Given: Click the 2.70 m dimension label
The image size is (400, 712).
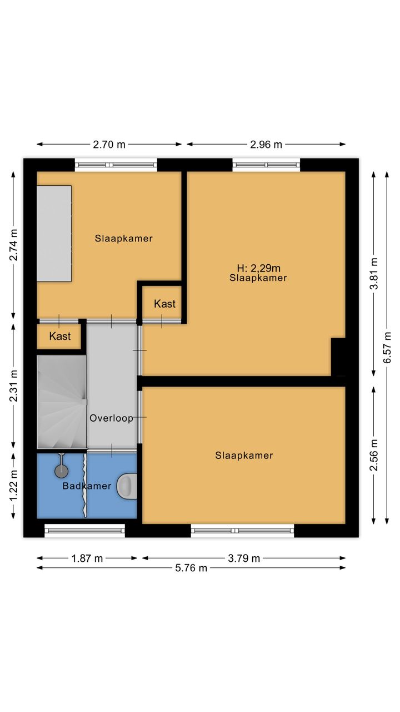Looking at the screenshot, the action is click(109, 145).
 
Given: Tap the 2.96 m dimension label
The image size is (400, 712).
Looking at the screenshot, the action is click(266, 145).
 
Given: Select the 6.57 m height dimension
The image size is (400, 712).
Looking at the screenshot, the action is click(387, 348).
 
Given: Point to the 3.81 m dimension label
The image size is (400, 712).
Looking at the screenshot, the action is click(374, 273).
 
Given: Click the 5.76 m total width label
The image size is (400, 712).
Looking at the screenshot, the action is click(191, 568).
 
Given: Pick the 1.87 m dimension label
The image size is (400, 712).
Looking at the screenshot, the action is click(87, 558).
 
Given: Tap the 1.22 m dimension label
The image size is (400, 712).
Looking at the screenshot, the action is click(13, 486).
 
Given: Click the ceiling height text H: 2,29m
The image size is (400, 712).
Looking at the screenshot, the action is click(259, 268).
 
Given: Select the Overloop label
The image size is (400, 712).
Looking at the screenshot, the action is click(111, 418).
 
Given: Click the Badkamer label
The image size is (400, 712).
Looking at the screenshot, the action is click(87, 486).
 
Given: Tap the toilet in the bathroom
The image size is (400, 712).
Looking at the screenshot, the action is click(127, 486).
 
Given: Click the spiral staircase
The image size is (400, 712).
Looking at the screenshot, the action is click(62, 402).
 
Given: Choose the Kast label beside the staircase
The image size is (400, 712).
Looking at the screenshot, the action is click(60, 336).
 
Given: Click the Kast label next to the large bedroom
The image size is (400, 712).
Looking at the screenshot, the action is click(165, 304).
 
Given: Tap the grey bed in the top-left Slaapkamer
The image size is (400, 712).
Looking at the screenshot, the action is click(54, 234).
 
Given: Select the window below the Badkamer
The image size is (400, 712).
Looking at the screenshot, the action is click(85, 531).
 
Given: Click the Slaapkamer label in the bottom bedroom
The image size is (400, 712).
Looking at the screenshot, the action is click(244, 456).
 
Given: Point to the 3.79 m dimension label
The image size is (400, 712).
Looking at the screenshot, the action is click(244, 558).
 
